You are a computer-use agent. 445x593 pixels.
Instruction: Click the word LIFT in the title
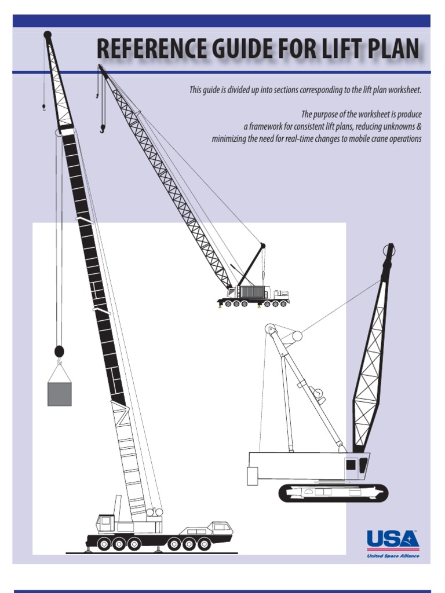331,50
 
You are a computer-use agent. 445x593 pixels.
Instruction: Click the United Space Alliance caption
393,556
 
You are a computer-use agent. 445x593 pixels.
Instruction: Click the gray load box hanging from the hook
59,393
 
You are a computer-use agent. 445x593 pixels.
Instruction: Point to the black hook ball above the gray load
59,351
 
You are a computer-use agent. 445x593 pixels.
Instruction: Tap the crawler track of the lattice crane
333,493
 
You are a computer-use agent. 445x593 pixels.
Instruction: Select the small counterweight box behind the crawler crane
252,475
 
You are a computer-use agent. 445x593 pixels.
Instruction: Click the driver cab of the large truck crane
105,523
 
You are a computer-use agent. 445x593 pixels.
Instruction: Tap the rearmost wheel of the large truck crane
204,544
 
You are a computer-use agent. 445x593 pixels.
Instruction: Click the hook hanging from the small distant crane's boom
103,128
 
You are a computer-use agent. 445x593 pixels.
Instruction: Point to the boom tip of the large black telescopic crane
48,35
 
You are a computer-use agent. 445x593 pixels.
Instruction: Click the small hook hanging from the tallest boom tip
43,107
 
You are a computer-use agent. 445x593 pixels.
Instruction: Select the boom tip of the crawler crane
389,251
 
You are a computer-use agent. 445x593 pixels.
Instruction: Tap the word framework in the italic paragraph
268,127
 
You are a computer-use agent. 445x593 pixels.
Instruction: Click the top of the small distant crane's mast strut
262,246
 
